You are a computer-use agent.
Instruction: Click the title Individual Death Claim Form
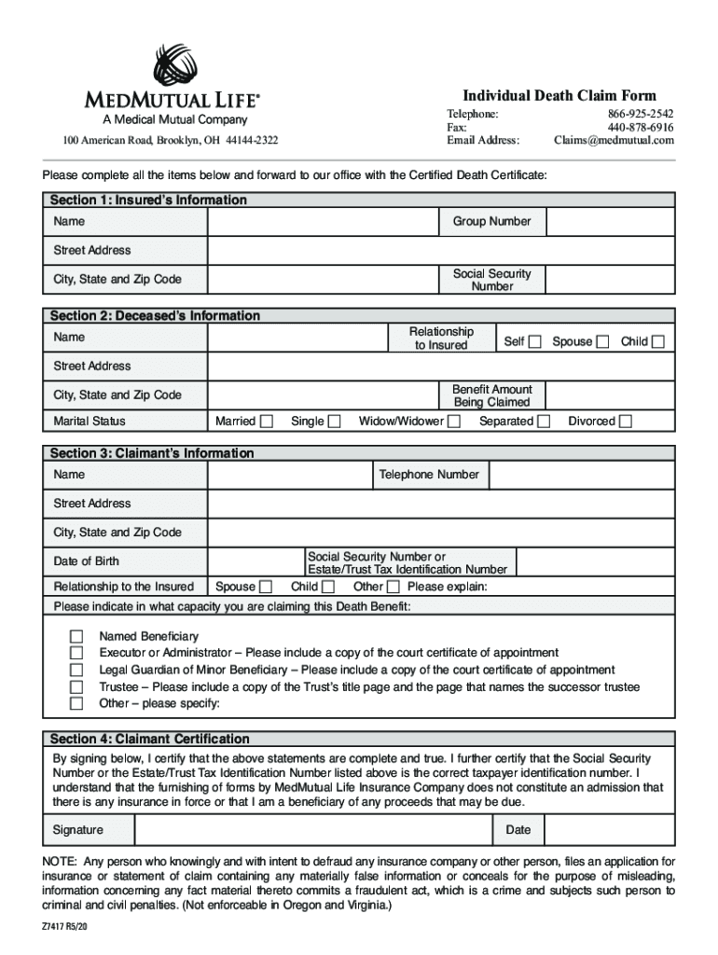pos(559,96)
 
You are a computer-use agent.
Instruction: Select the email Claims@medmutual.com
pos(613,140)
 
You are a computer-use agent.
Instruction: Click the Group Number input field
pos(610,222)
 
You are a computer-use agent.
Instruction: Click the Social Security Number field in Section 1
pos(610,280)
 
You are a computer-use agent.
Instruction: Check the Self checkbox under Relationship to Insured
pos(534,341)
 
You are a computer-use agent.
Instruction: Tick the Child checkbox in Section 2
pos(658,341)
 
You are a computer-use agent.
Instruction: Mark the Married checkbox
pos(267,422)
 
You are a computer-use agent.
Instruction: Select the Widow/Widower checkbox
pos(454,422)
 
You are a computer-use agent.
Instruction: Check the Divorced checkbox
pos(626,422)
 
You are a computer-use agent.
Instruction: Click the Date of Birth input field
pos(253,561)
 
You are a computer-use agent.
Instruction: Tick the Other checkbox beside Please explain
pos(393,587)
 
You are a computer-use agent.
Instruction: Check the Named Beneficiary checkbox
pos(76,636)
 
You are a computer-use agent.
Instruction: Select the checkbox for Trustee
pos(76,686)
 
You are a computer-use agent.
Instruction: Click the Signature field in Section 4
pos(313,830)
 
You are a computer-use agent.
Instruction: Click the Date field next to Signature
pos(609,830)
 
